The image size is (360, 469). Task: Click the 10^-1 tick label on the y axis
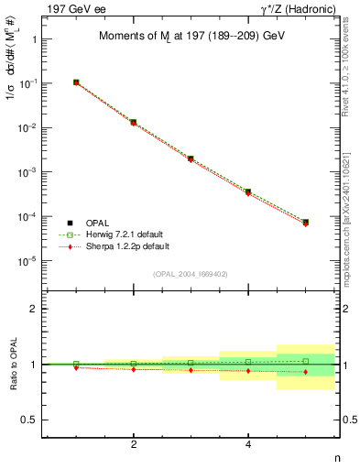tap(27, 83)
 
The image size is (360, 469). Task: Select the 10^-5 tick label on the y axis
tap(27, 261)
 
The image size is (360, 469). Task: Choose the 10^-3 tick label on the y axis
tap(27, 172)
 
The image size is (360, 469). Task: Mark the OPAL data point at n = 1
tap(76, 82)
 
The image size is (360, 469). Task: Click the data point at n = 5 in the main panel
tap(305, 223)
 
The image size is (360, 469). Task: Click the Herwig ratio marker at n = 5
tap(305, 361)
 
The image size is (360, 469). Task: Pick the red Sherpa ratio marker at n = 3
tap(191, 370)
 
